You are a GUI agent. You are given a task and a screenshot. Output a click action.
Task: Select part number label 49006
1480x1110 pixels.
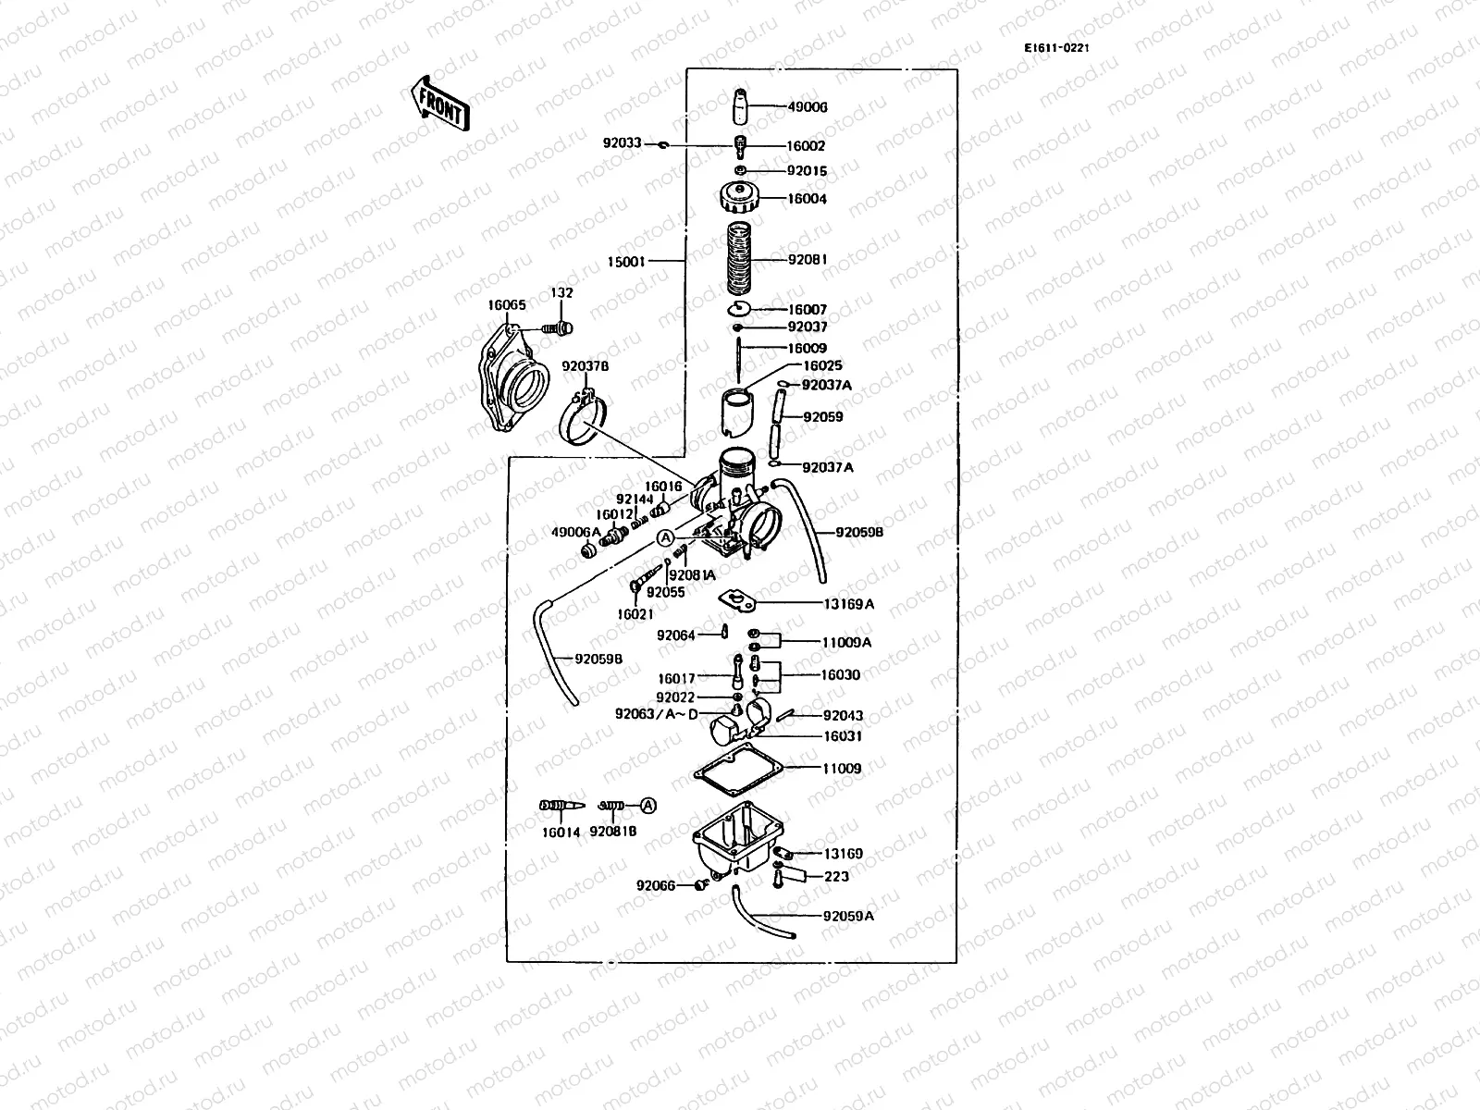pos(808,107)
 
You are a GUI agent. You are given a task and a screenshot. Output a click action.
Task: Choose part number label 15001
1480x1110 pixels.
pos(627,262)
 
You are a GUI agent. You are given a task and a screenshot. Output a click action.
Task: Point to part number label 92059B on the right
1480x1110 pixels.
pos(859,533)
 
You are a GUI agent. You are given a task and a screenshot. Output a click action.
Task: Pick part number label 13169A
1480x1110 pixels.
pos(848,604)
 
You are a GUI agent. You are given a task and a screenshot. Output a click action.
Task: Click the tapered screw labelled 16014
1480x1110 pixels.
pos(559,806)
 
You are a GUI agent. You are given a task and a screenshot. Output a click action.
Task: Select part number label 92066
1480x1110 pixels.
pos(656,884)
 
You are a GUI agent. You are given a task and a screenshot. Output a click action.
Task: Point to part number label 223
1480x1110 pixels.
pos(836,876)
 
